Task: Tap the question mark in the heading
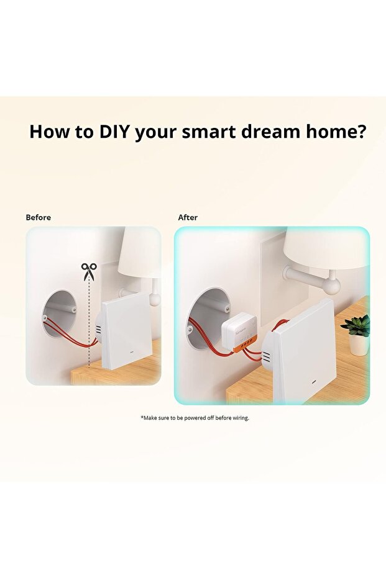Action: (x=361, y=131)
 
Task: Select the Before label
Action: (x=39, y=217)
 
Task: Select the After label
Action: (x=188, y=217)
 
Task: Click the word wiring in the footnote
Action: (x=241, y=418)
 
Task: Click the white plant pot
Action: (x=358, y=345)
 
